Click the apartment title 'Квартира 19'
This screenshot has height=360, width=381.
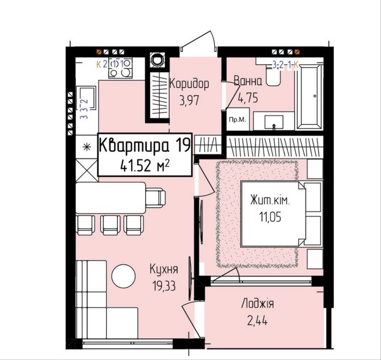(145, 145)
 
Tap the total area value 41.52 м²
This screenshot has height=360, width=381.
(145, 166)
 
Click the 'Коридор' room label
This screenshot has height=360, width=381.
(189, 84)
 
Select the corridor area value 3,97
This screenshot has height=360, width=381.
(189, 100)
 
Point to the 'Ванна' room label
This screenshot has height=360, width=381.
(248, 81)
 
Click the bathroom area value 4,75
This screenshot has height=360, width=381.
(248, 98)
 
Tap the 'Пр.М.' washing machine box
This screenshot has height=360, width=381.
(238, 120)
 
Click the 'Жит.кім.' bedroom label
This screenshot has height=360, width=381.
(270, 201)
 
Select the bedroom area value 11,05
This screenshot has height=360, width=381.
(270, 217)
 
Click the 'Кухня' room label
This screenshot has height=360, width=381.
(164, 269)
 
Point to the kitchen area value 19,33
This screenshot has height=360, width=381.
(164, 285)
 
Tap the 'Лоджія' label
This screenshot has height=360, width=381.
(258, 304)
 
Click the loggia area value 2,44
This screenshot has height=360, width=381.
(258, 321)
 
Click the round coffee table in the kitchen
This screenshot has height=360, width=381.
(123, 276)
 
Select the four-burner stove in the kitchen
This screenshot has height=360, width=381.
(120, 68)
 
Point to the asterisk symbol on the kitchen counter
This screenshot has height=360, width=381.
(87, 147)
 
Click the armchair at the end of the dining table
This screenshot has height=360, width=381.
(155, 198)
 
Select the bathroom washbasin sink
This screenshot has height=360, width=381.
(274, 121)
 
